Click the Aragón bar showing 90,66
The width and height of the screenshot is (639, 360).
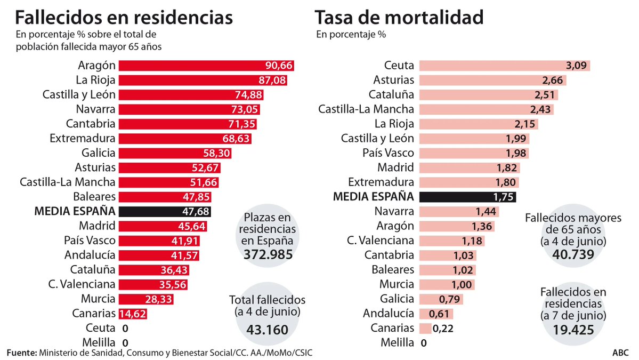(x=206, y=66)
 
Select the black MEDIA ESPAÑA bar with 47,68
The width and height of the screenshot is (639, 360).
(x=165, y=211)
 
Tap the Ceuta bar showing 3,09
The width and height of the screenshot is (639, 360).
(x=504, y=66)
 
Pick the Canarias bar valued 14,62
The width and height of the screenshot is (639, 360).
(x=132, y=313)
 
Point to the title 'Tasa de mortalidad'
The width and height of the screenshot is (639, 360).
(x=399, y=18)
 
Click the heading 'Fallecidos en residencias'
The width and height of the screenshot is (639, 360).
(x=124, y=18)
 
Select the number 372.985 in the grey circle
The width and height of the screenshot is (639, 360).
(x=268, y=255)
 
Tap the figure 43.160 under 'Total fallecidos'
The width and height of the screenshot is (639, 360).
(x=267, y=330)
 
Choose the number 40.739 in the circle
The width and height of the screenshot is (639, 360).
(x=573, y=255)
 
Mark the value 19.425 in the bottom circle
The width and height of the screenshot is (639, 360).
(x=573, y=330)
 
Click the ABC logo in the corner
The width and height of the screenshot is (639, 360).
(x=620, y=353)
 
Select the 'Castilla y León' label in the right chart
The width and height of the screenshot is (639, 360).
(x=378, y=139)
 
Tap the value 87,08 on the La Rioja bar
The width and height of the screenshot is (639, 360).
(x=271, y=81)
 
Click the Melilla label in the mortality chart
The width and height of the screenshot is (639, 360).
(x=398, y=342)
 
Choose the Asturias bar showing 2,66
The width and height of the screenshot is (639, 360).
(x=492, y=81)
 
